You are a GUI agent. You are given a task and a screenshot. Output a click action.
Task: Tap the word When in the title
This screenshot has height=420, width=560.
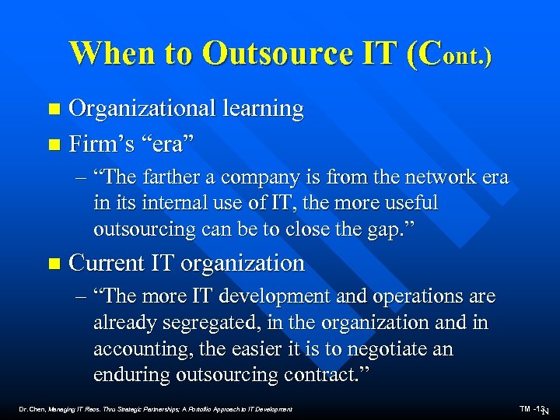click(110, 54)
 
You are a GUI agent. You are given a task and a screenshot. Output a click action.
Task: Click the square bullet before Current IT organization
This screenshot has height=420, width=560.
click(53, 264)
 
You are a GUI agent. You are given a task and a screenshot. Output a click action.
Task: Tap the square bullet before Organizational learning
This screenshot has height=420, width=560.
click(53, 110)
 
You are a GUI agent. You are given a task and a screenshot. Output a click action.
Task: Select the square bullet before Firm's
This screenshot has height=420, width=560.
click(53, 145)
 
